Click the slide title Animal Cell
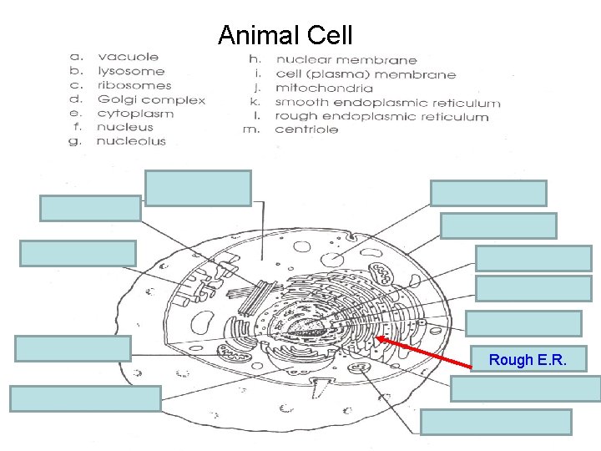click(x=285, y=36)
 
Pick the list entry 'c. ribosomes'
click(x=120, y=85)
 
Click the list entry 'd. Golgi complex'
click(x=137, y=99)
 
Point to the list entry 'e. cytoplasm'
click(x=122, y=114)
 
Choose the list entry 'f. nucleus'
click(x=113, y=127)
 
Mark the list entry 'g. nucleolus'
click(x=119, y=141)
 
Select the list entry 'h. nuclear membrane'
click(x=333, y=59)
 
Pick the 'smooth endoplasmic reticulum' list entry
click(x=375, y=103)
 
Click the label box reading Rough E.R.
click(x=528, y=360)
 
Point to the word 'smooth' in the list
click(x=300, y=103)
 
